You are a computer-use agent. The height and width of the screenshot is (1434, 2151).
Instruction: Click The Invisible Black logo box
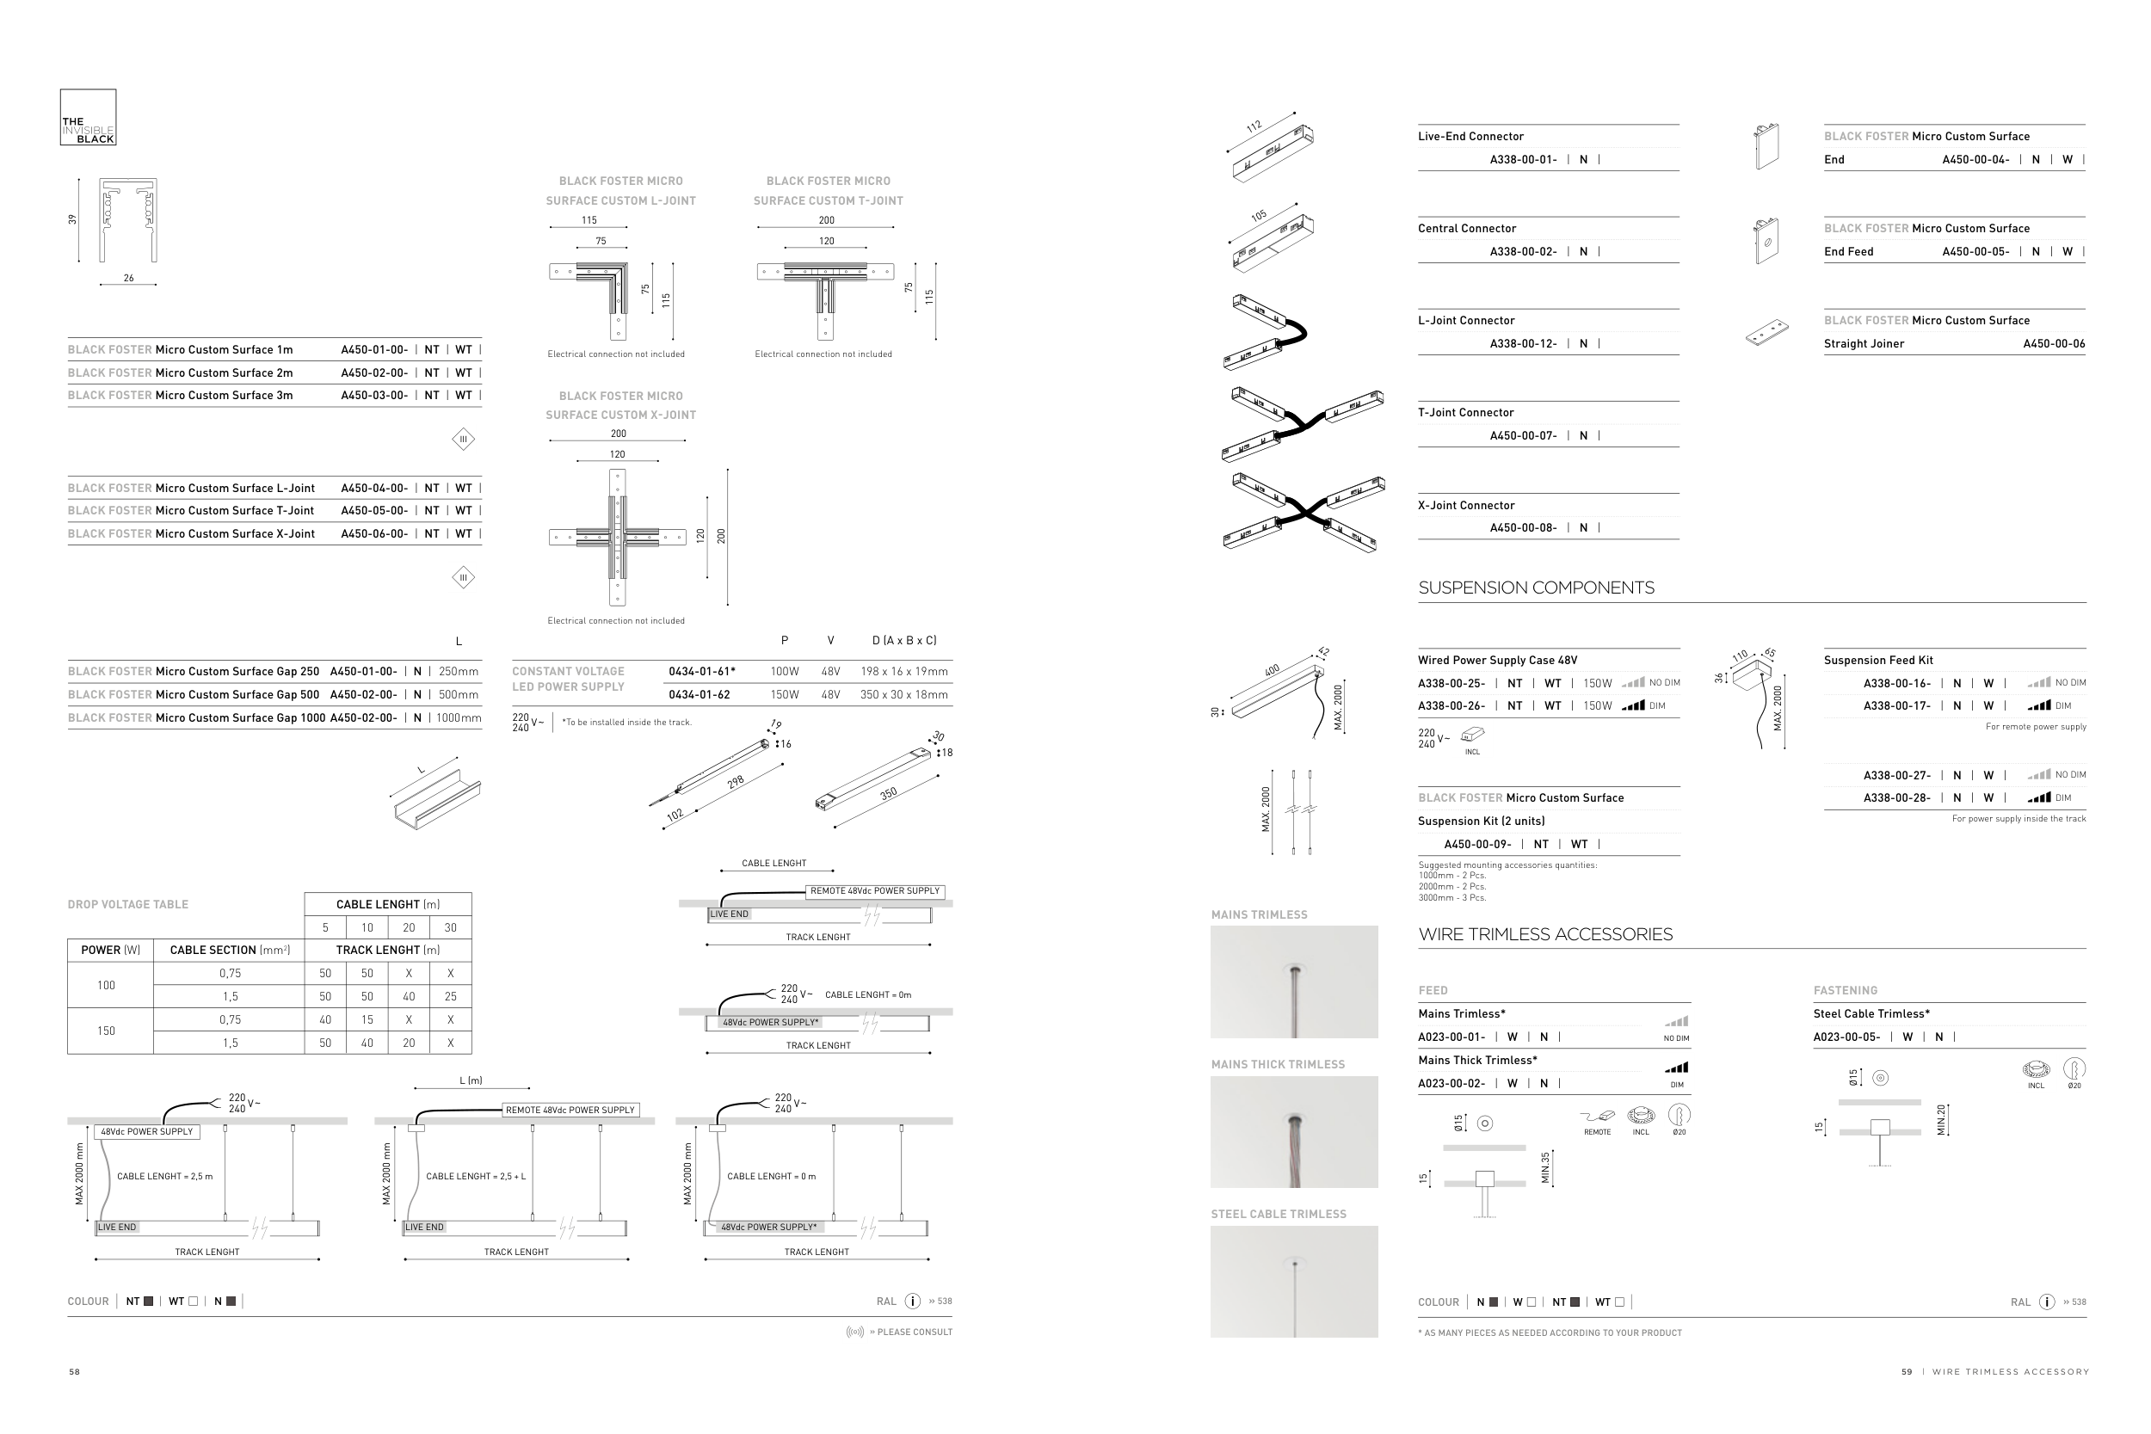click(88, 117)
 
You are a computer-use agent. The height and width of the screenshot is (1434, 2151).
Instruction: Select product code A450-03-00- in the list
click(374, 396)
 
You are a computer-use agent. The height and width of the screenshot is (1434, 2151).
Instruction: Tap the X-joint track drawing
click(617, 538)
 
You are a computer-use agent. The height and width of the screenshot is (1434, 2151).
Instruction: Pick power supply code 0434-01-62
click(699, 695)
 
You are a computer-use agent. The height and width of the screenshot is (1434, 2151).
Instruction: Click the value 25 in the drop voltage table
click(450, 997)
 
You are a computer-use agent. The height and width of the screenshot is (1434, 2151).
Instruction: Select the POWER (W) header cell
click(111, 951)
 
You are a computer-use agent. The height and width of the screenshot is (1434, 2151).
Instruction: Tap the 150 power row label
click(106, 1031)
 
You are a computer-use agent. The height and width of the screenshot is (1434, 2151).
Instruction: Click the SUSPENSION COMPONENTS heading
click(1536, 588)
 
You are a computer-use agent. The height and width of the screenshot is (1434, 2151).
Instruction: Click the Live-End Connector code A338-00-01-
click(1523, 160)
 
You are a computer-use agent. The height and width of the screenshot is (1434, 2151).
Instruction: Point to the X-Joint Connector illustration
click(1304, 513)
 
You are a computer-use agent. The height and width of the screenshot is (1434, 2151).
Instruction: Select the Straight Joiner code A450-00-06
click(2053, 345)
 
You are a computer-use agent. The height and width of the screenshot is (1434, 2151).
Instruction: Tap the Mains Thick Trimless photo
click(1293, 1132)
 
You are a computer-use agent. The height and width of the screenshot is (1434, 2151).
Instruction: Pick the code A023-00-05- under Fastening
click(1846, 1038)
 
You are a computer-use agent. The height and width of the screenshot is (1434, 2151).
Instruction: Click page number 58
click(74, 1372)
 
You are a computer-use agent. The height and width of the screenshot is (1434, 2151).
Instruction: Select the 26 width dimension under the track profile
click(128, 278)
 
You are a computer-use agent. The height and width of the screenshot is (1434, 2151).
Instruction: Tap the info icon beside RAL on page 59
click(2047, 1302)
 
